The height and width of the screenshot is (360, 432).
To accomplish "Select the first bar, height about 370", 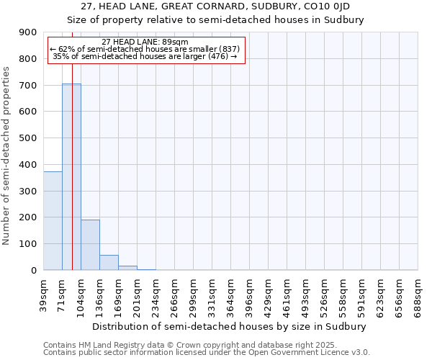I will coord(53,220).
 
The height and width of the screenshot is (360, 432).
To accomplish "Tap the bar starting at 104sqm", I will coord(90,245).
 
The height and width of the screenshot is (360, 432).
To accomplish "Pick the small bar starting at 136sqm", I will coord(109,263).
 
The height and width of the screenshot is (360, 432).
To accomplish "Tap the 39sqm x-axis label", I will coord(43,294).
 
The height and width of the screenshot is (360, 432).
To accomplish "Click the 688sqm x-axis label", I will coord(418,294).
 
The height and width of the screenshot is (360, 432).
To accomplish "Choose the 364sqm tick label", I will coord(230,294).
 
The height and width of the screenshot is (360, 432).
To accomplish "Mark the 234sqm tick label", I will coord(156,294).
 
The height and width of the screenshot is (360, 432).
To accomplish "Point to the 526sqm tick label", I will coord(324,294).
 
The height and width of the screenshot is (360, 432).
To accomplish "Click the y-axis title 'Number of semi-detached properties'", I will coord(6,156).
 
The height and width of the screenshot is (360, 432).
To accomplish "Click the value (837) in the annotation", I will coord(227,49).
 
